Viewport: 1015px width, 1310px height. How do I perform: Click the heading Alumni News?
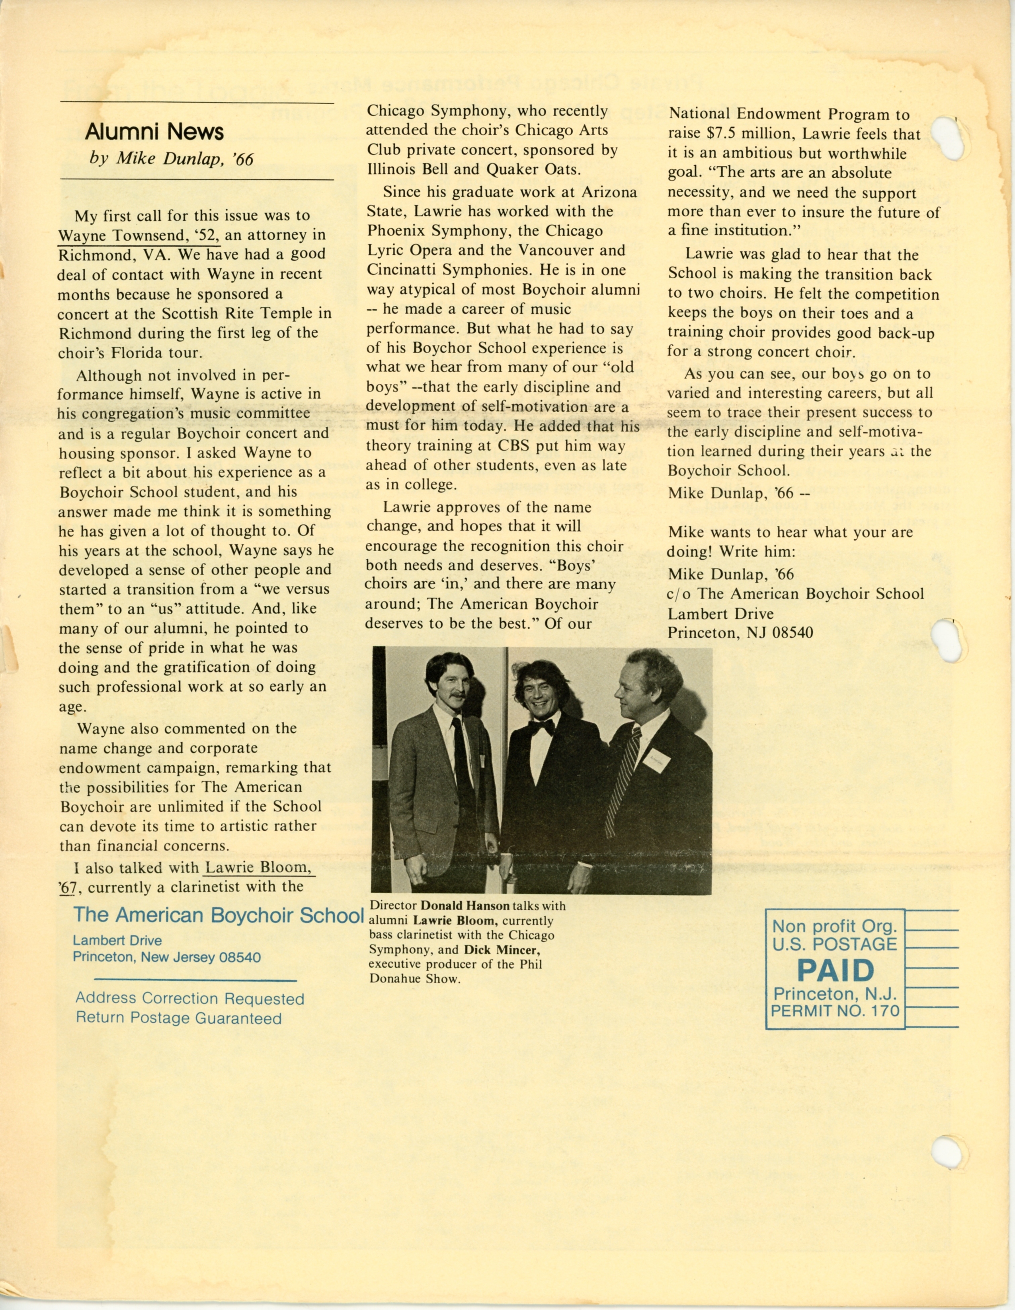[154, 131]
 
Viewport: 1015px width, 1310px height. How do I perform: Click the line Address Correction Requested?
[190, 999]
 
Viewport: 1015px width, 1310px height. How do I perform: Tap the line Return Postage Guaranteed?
[178, 1018]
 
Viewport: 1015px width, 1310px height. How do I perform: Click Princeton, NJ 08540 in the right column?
[740, 633]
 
